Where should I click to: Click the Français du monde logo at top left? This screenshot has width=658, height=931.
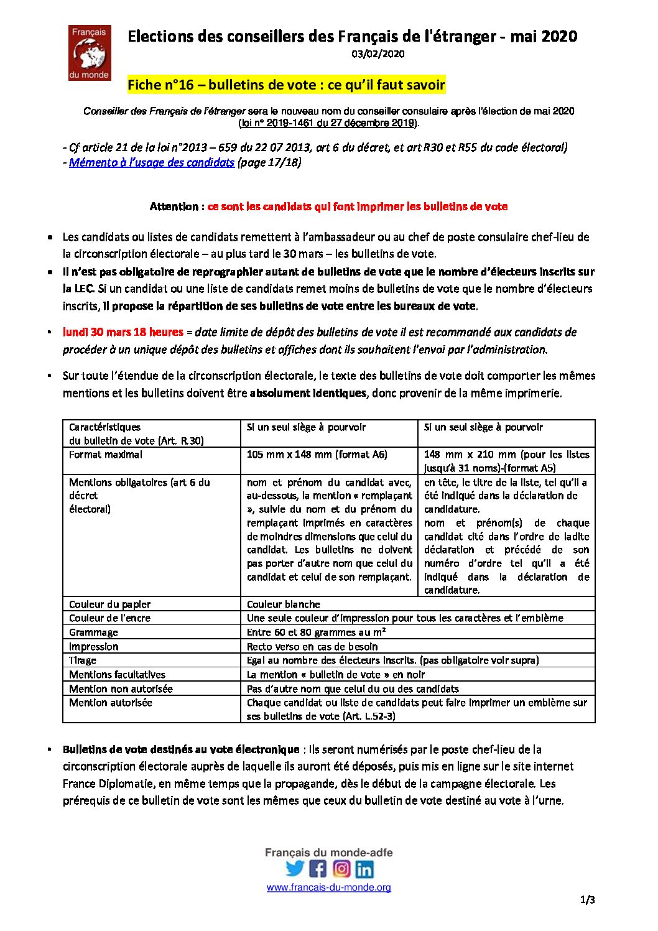(90, 53)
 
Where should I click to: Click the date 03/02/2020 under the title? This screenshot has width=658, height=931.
(378, 54)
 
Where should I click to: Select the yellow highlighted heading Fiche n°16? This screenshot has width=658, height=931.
(286, 85)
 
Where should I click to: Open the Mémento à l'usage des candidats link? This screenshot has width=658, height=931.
(152, 162)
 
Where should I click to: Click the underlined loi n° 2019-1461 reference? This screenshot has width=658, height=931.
(328, 123)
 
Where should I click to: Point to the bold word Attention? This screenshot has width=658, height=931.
(174, 206)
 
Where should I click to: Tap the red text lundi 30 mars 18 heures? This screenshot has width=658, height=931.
(123, 332)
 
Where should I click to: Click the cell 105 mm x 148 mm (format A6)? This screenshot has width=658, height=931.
(317, 455)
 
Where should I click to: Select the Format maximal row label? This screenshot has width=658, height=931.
(106, 455)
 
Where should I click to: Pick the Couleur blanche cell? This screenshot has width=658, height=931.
(284, 604)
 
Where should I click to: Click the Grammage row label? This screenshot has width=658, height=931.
(93, 632)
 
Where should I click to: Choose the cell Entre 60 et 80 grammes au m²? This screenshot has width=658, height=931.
(316, 632)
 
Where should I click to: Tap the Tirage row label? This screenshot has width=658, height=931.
(83, 660)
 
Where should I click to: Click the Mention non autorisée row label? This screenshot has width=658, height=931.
(121, 688)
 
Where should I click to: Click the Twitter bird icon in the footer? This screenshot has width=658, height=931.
(295, 868)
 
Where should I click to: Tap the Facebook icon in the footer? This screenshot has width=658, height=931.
(318, 868)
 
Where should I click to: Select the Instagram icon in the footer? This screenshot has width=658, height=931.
(341, 868)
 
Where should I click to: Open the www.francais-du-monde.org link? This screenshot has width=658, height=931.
(329, 887)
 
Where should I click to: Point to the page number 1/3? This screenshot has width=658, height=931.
(587, 900)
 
